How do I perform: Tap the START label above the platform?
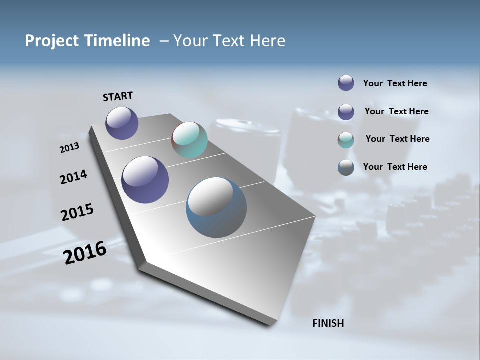[x=118, y=96]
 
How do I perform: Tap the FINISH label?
[x=328, y=323]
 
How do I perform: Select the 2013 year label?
[x=70, y=148]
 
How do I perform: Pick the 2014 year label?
[x=74, y=177]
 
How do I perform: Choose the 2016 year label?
[x=85, y=252]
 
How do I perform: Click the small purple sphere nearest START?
[x=122, y=123]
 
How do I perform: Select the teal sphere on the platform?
[x=189, y=140]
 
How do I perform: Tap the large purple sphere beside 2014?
[x=145, y=180]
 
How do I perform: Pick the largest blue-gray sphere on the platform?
[x=216, y=207]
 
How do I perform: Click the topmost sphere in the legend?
[x=346, y=83]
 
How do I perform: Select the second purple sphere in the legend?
[x=346, y=112]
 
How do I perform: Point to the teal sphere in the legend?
[x=346, y=140]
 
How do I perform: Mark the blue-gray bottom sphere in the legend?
[x=346, y=167]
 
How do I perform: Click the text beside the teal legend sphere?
[x=397, y=139]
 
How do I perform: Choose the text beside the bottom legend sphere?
[x=395, y=167]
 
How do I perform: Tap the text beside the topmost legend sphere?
[x=395, y=83]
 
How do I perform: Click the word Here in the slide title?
[x=268, y=41]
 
